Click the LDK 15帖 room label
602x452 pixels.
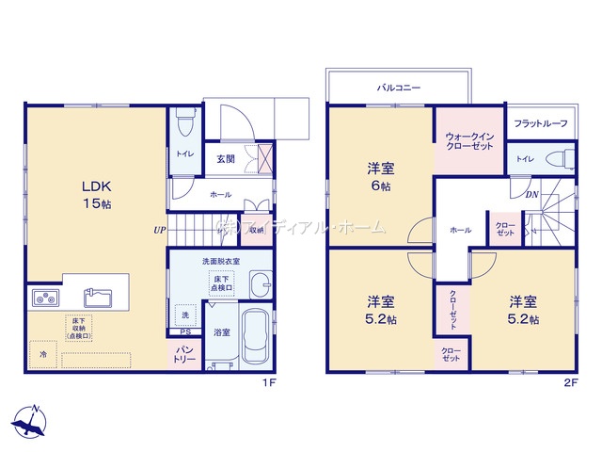coord(96,193)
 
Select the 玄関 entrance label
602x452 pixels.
coord(227,159)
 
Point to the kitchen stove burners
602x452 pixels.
coord(45,299)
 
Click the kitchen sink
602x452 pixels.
coord(99,299)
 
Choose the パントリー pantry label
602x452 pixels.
coord(182,355)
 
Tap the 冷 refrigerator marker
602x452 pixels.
coord(42,354)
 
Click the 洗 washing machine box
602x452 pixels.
coord(184,314)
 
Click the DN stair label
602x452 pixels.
coord(531,195)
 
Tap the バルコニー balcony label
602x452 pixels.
coord(399,88)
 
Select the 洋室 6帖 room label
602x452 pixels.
coord(380,176)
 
